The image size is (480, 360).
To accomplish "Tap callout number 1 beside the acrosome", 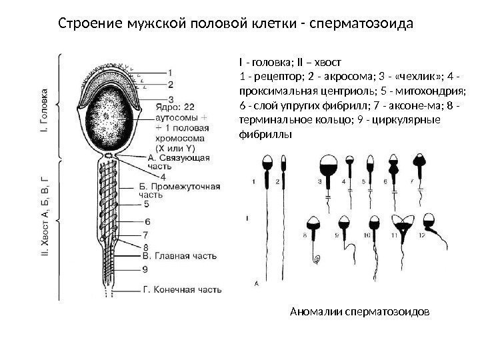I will point(171,73).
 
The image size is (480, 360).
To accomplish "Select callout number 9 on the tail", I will point(145,269).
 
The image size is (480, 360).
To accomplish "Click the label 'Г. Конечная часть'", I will point(181,290).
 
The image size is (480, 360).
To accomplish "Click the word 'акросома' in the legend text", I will point(342,78).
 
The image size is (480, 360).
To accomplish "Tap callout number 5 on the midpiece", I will point(145,204).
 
